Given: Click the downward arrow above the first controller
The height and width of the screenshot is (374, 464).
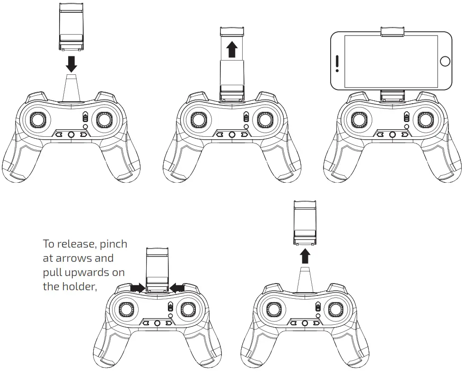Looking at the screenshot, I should (x=71, y=62).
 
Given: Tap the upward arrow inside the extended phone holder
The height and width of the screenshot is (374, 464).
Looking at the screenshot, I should (x=231, y=49).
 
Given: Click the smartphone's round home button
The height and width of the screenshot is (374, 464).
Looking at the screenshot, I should (x=445, y=61).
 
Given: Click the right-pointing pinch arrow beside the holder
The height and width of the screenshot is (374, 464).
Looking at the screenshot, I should (x=138, y=287).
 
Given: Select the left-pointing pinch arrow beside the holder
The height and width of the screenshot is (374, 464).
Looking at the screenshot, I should (x=177, y=287).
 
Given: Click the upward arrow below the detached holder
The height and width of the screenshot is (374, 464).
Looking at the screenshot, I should (x=305, y=256).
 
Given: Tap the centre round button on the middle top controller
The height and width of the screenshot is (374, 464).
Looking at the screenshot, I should (x=232, y=134).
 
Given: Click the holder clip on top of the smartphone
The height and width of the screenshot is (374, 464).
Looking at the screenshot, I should (x=392, y=32).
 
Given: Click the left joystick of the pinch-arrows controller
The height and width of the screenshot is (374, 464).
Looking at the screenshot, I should (x=125, y=309).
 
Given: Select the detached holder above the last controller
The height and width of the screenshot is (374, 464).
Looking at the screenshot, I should (x=305, y=222).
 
